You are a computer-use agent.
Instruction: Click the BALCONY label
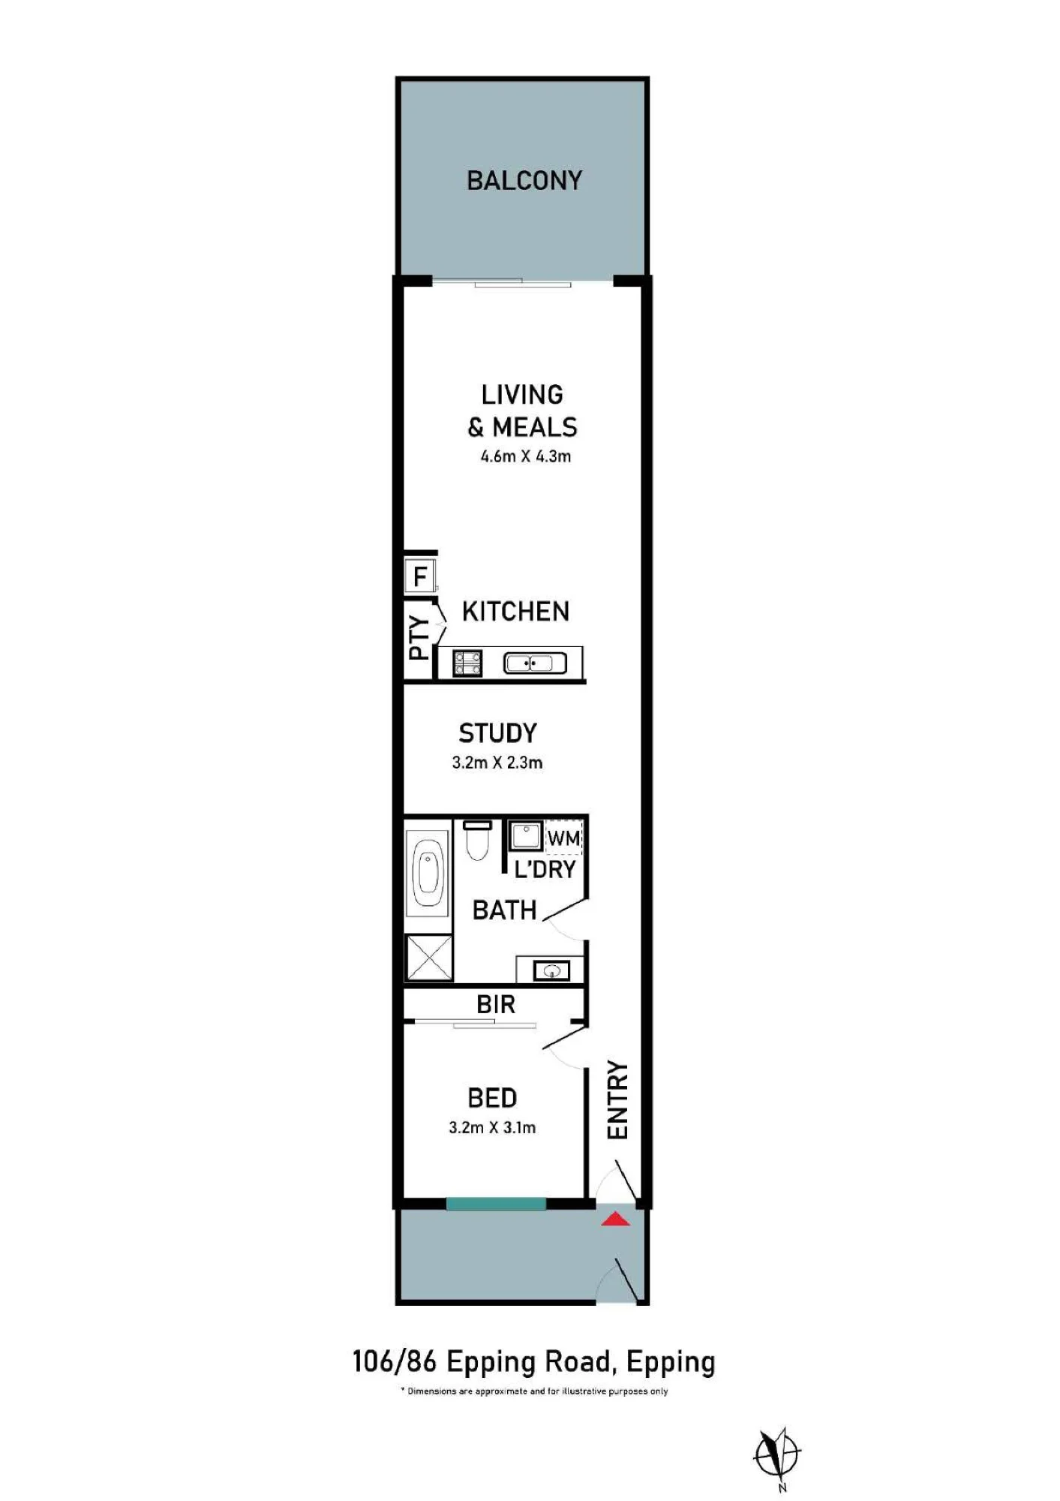tap(524, 181)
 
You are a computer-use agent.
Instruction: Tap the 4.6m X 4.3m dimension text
tap(526, 456)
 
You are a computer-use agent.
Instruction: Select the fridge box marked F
tap(419, 576)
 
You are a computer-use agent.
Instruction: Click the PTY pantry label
tap(419, 637)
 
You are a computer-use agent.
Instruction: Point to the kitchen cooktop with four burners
tap(468, 663)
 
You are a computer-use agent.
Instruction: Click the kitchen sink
tap(535, 663)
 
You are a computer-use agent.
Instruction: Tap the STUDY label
tap(498, 733)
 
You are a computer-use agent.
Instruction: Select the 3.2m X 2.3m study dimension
tap(497, 763)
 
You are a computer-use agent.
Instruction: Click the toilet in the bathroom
tap(477, 840)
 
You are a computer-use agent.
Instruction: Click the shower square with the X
tap(429, 958)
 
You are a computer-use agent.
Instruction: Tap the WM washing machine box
tap(564, 838)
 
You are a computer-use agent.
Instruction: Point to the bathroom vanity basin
tap(551, 971)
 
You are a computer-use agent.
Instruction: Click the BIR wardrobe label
tap(496, 1005)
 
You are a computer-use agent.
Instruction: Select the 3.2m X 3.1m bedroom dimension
tap(492, 1128)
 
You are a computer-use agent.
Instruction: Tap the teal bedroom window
tap(496, 1204)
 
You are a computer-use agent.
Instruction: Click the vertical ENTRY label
tap(617, 1100)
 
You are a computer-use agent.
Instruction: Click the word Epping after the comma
tap(671, 1363)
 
